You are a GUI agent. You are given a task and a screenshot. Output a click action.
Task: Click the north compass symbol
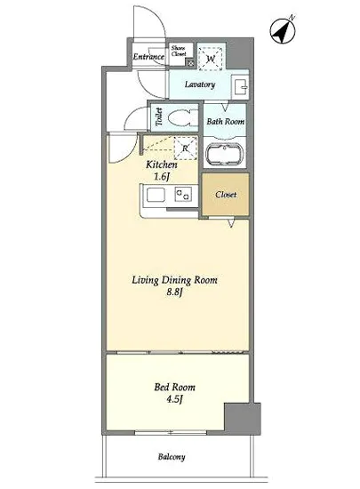283,30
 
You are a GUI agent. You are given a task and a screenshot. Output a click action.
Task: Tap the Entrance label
148,56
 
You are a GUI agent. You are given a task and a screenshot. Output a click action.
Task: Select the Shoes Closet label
179,51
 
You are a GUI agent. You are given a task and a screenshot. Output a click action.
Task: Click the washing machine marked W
211,59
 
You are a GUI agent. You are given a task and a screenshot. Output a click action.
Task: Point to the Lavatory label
200,84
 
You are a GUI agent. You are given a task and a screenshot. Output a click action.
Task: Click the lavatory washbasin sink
240,87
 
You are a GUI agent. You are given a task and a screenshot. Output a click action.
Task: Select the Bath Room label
226,121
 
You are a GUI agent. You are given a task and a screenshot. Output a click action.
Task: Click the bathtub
226,155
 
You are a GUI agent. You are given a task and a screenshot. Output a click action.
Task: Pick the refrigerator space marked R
186,148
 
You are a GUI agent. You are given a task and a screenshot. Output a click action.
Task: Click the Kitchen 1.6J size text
162,171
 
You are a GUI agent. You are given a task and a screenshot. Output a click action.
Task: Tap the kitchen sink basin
156,196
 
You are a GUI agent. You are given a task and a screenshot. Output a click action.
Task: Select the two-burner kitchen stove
183,195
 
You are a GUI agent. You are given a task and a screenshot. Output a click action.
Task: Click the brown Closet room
226,195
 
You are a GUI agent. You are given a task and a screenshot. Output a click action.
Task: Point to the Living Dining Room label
174,280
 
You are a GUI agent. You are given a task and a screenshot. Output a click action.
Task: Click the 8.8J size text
174,293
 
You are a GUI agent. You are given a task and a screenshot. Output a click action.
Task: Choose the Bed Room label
174,387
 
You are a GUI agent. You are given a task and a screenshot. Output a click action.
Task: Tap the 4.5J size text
174,399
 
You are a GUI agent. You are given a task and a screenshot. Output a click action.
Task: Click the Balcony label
172,457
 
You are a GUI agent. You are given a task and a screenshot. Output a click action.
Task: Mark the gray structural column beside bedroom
243,417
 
